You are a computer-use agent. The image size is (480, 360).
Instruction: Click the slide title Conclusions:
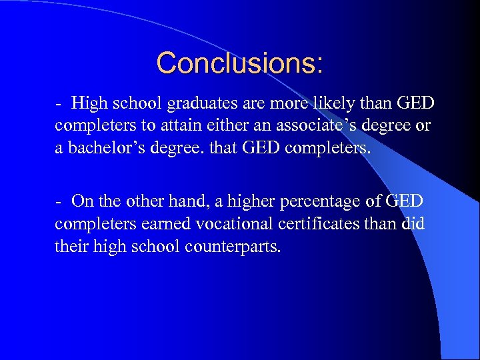(240, 63)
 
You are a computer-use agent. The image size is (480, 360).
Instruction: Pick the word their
(69, 247)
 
